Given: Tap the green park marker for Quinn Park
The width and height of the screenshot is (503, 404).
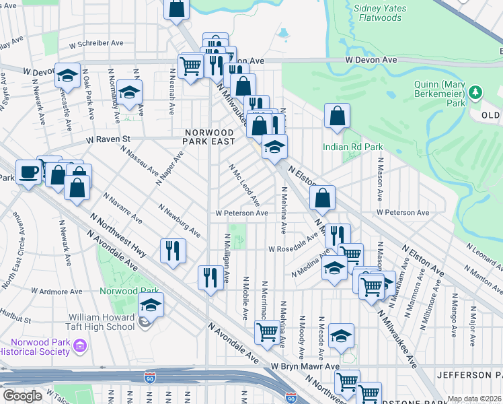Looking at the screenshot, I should [476, 92].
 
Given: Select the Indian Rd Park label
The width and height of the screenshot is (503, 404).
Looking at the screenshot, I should [352, 147].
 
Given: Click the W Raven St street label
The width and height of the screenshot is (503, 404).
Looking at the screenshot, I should [107, 139].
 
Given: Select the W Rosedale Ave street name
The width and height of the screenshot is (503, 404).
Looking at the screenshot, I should [293, 248].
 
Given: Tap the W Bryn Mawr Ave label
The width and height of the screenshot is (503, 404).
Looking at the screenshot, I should [305, 366].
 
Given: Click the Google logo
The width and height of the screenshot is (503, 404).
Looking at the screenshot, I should [22, 396].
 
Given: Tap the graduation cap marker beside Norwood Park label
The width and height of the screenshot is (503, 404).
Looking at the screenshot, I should [151, 306].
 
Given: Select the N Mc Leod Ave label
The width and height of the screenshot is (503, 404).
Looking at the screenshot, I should [245, 185].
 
